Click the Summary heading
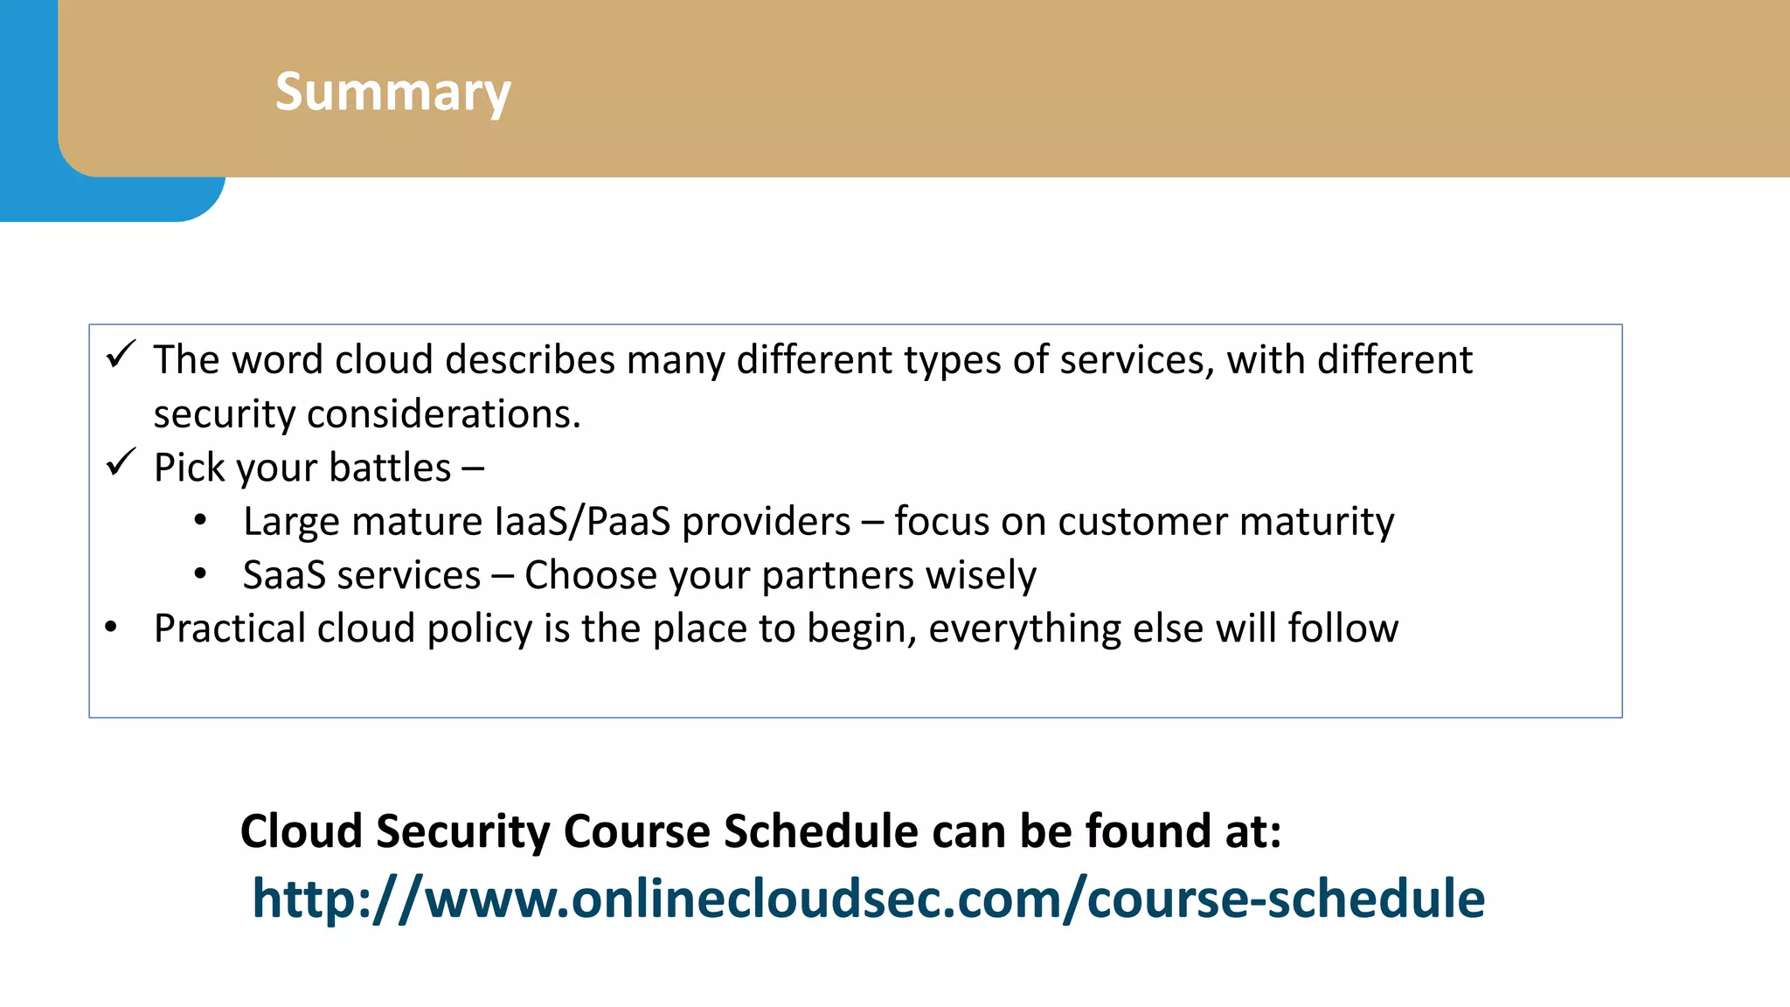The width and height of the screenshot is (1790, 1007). pos(392,92)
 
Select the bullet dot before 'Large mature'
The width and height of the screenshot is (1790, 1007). pos(200,521)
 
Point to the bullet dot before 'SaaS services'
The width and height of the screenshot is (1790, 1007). pos(200,574)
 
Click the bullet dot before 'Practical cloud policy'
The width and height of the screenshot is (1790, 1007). pos(110,627)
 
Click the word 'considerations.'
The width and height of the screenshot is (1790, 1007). pos(443,413)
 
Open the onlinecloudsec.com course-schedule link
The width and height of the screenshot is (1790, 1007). pos(868,899)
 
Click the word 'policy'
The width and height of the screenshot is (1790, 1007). pos(479,629)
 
